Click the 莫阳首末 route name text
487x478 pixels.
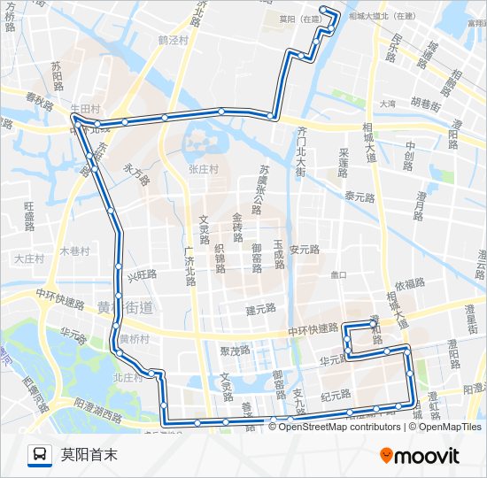tap(89, 455)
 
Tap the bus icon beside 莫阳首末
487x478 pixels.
tap(39, 455)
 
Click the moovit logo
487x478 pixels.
tap(420, 456)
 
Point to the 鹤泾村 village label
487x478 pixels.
tap(174, 40)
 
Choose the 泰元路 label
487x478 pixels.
tap(361, 196)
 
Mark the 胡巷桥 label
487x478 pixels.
tap(425, 104)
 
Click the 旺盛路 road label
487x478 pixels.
tap(28, 215)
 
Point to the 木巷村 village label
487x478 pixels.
tap(74, 251)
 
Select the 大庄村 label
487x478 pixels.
tap(28, 258)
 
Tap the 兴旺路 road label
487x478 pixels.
tap(141, 277)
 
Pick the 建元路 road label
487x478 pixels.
tap(261, 310)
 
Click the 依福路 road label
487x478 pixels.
tap(410, 284)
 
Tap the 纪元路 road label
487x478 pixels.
tap(336, 395)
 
